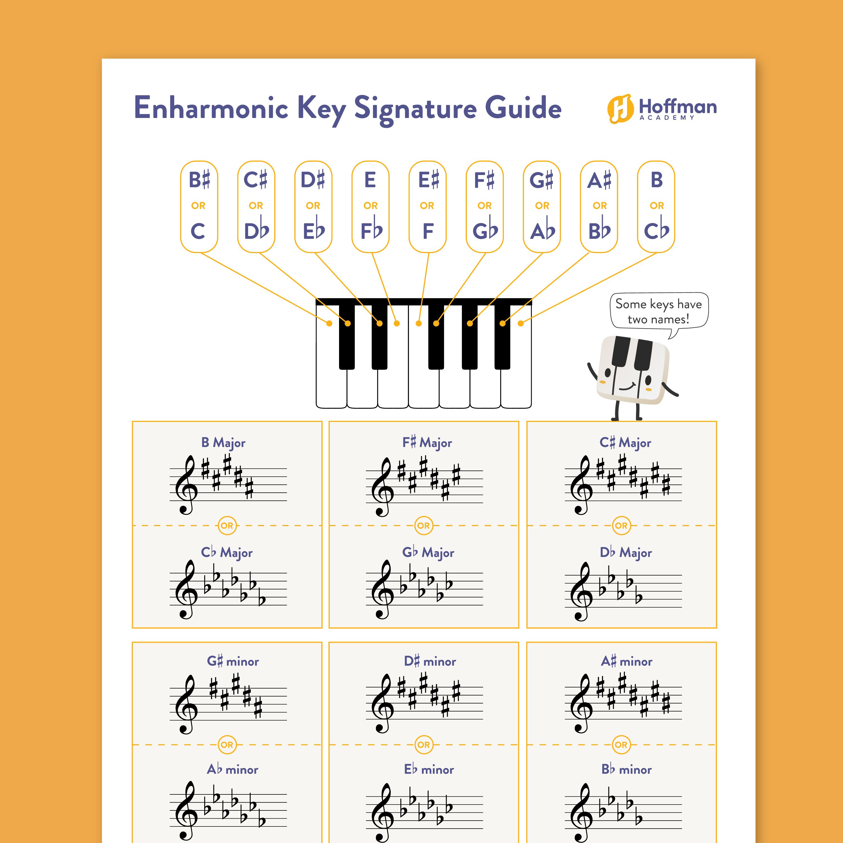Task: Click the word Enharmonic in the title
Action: [x=211, y=108]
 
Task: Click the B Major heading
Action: [x=223, y=442]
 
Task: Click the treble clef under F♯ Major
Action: [x=383, y=487]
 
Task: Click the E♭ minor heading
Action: [x=429, y=769]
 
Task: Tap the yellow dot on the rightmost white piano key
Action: [x=521, y=323]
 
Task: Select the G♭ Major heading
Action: [x=428, y=552]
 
